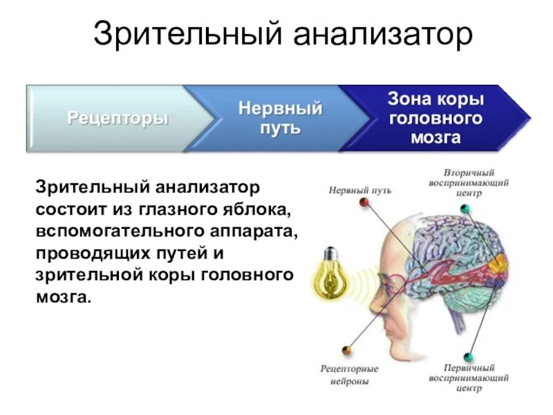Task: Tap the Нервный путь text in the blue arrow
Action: (x=280, y=118)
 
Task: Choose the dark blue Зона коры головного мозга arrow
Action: (x=435, y=118)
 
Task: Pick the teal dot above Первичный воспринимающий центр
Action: (x=468, y=357)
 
